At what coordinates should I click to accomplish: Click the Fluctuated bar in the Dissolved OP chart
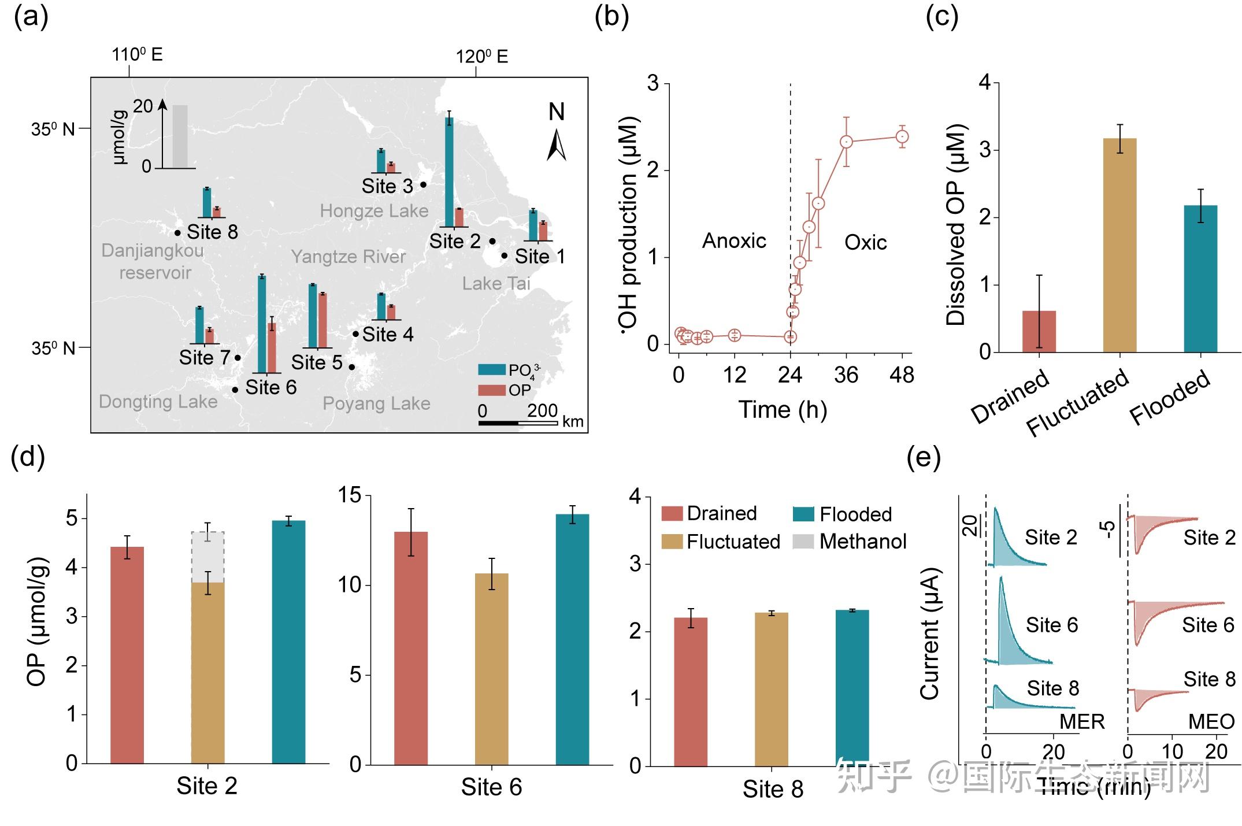click(x=1119, y=245)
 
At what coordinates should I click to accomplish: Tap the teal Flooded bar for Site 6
click(x=572, y=639)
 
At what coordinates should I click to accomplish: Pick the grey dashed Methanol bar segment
click(x=207, y=557)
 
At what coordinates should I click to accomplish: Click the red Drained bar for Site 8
click(x=690, y=691)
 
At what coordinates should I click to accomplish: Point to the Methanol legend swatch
click(x=803, y=542)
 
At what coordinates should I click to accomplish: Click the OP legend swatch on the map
click(x=491, y=390)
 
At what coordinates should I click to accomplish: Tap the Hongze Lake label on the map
click(x=374, y=211)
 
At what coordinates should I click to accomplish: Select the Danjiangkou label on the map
click(x=153, y=251)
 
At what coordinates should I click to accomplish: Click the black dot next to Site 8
click(x=177, y=233)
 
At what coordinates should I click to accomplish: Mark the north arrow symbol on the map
click(x=556, y=145)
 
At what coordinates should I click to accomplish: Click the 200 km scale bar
click(x=518, y=423)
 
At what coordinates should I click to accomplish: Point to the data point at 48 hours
click(x=902, y=137)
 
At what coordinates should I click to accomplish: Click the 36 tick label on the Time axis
click(x=846, y=376)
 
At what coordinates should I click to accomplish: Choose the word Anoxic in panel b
click(x=734, y=240)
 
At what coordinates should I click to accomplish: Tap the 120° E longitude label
click(x=481, y=57)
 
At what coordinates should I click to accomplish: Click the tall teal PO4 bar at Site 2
click(x=449, y=172)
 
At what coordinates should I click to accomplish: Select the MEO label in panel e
click(x=1211, y=721)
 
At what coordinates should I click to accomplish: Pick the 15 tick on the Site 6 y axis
click(x=349, y=495)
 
